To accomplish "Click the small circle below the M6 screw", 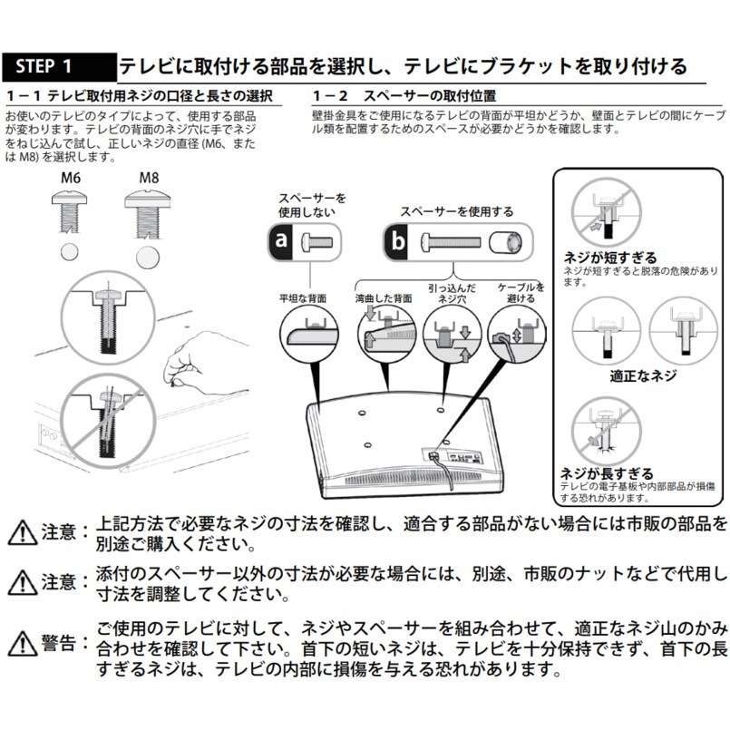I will (71, 251).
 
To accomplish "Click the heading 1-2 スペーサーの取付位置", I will (404, 95).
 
